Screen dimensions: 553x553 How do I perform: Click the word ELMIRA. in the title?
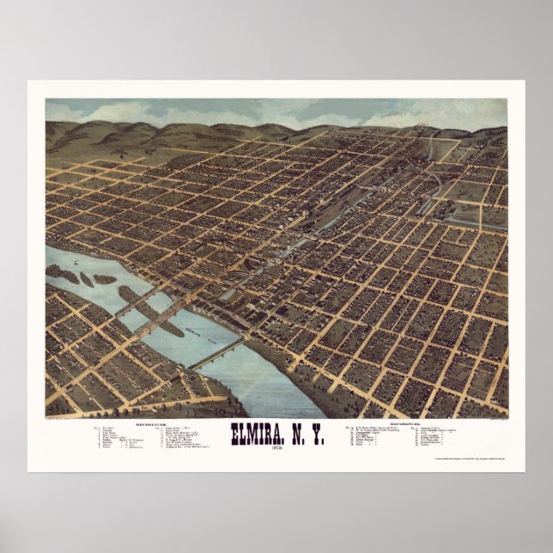[x=257, y=434]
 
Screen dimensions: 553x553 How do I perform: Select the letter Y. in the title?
[x=319, y=434]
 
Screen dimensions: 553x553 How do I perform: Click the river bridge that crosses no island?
[x=220, y=351]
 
